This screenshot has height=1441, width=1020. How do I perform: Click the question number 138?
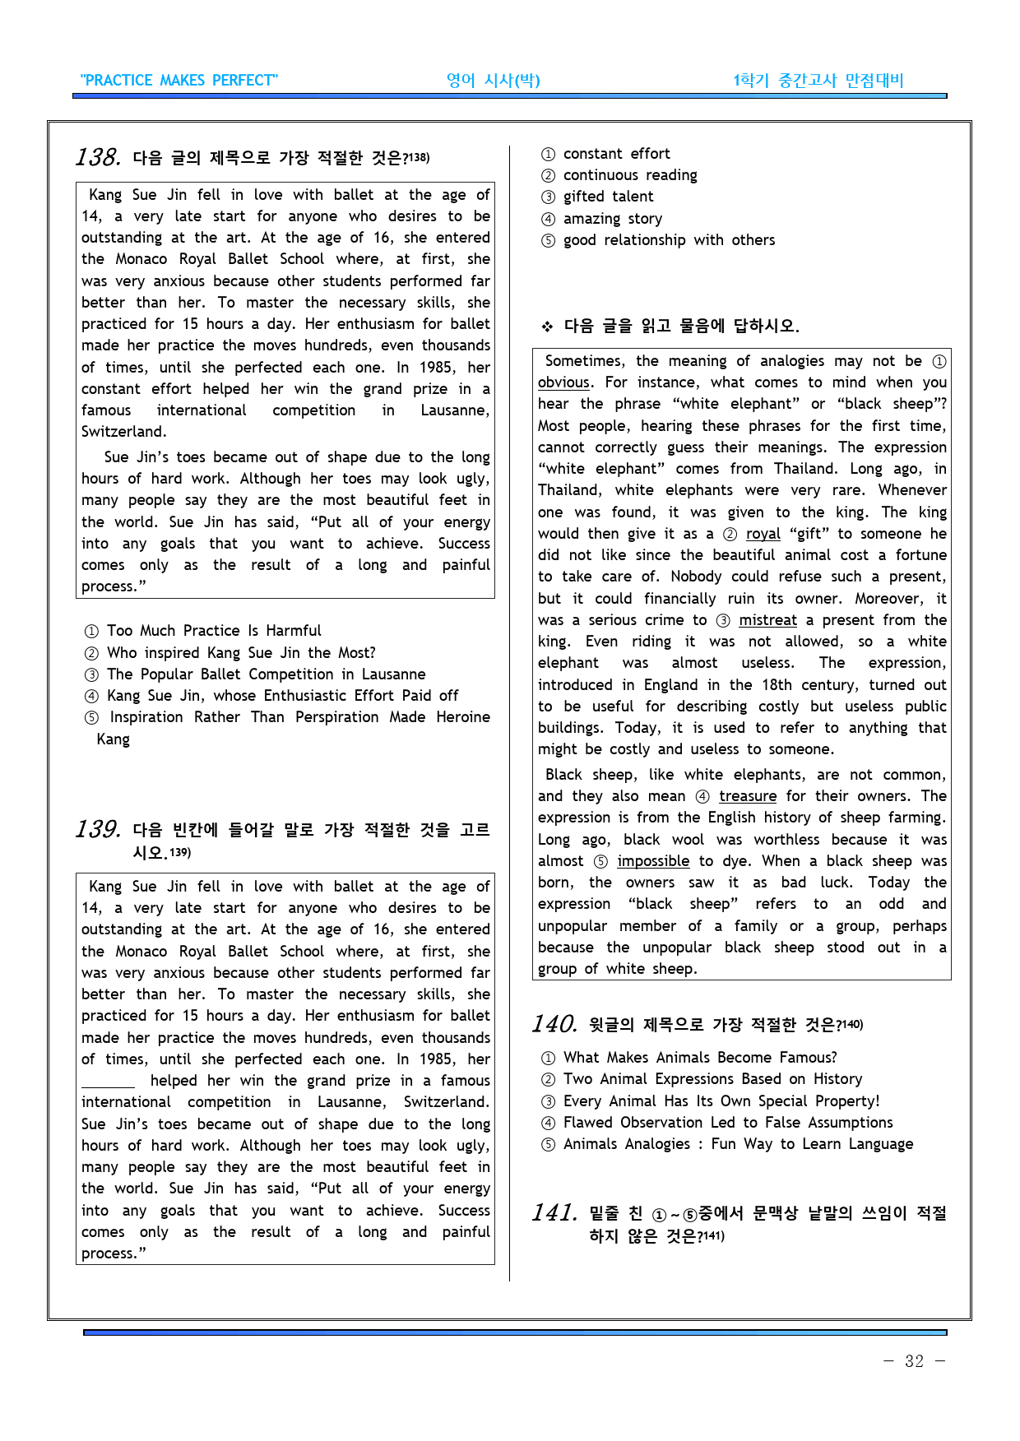pos(98,157)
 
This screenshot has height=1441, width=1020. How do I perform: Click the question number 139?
pos(98,829)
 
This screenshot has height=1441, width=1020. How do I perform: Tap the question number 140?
pos(554,1024)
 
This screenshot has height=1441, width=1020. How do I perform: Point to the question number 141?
pos(554,1213)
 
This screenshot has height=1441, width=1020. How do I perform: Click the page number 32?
pos(914,1361)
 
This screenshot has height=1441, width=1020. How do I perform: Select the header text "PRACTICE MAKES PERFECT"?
pos(179,81)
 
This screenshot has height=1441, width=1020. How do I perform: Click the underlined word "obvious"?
pos(563,382)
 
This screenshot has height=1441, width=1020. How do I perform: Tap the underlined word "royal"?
pos(763,534)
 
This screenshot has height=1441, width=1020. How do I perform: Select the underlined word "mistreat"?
pos(767,620)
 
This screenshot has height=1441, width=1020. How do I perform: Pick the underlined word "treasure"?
pos(747,796)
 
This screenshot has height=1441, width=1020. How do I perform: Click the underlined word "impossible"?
pos(653,861)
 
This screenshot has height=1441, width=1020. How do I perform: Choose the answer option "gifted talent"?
pos(608,197)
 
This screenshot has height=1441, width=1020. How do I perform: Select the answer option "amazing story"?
pos(612,219)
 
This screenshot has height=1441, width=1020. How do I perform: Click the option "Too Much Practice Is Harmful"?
pos(214,631)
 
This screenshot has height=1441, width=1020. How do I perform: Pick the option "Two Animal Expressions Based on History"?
pos(712,1079)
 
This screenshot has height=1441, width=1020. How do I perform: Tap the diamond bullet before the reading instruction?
pos(547,327)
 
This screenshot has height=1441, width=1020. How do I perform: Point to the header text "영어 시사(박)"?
pos(493,81)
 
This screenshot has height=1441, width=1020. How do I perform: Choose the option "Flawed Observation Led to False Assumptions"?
pos(727,1123)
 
